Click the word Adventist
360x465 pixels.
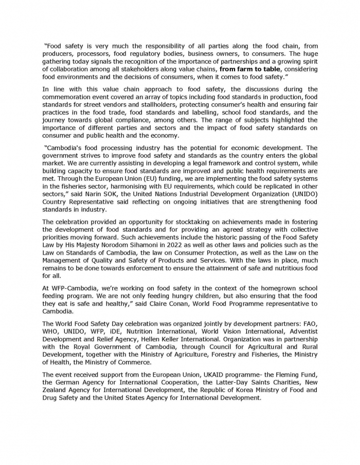(300, 331)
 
